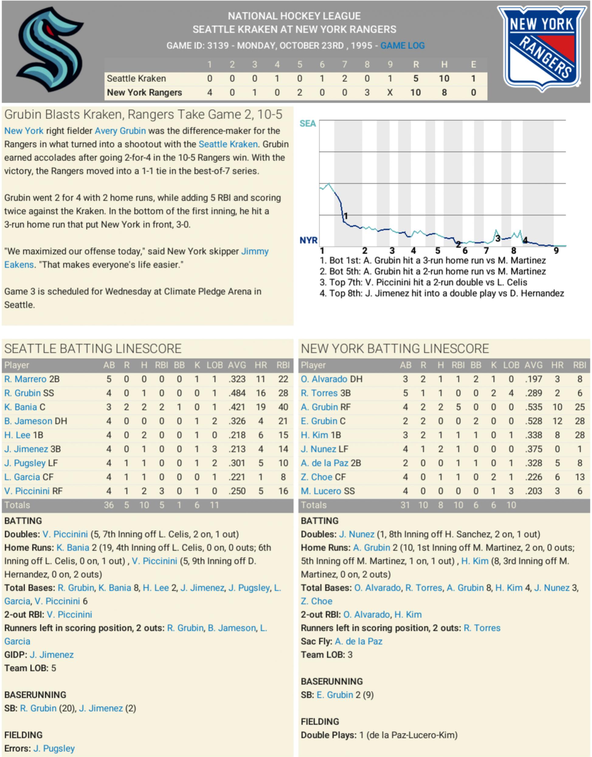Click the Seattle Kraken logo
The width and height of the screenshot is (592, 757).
(x=50, y=49)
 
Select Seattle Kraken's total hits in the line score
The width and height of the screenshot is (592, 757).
(x=444, y=79)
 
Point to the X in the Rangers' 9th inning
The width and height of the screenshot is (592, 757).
(x=389, y=93)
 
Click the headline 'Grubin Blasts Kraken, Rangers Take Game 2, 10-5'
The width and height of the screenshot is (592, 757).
(x=143, y=114)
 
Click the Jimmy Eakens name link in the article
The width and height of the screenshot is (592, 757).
(x=254, y=251)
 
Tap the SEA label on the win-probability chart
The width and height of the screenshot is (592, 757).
(x=307, y=124)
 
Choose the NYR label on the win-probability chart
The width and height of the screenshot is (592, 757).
(x=308, y=240)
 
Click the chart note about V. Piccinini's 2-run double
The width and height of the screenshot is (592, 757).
(x=423, y=282)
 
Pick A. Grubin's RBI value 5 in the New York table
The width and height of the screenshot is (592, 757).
(x=458, y=407)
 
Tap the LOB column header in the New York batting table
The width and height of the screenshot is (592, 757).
(x=511, y=365)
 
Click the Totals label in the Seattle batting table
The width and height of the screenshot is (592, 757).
(x=17, y=505)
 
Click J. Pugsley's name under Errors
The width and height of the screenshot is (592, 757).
(x=54, y=748)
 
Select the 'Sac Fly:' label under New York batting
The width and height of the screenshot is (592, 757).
(x=316, y=641)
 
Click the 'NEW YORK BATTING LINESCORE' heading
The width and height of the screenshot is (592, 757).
(x=394, y=349)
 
